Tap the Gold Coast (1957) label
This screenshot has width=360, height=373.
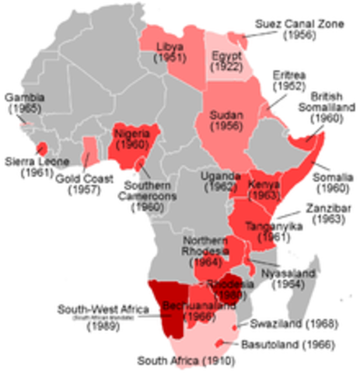(x=80, y=183)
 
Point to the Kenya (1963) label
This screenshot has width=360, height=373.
(x=266, y=190)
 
